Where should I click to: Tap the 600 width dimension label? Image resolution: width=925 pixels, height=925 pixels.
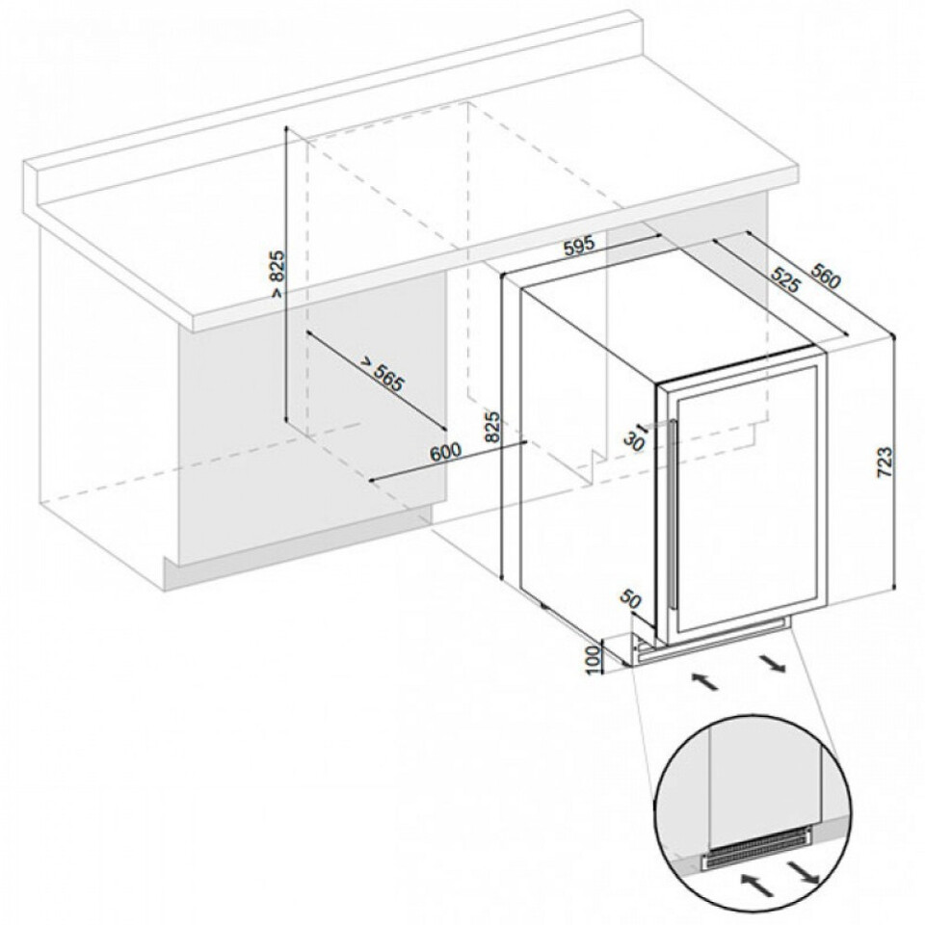click(x=445, y=452)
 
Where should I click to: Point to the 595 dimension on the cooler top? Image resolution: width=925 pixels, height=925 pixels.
click(x=577, y=245)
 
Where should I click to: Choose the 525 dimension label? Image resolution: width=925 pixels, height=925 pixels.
click(x=785, y=280)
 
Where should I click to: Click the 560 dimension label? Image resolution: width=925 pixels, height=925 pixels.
click(x=826, y=276)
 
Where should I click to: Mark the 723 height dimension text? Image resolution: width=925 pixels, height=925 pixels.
click(x=885, y=462)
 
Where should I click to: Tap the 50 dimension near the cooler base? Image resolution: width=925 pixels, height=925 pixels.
click(x=630, y=600)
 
